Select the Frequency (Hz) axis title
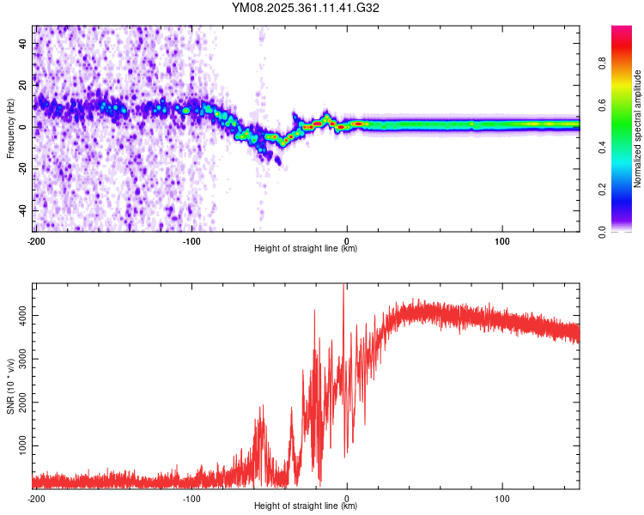click(10, 128)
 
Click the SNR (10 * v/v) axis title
click(10, 385)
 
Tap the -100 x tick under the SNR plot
click(191, 498)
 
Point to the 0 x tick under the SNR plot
click(347, 498)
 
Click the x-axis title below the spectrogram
click(307, 248)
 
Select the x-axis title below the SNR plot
click(307, 506)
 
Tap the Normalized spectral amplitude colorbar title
click(637, 129)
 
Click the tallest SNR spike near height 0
click(344, 287)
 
